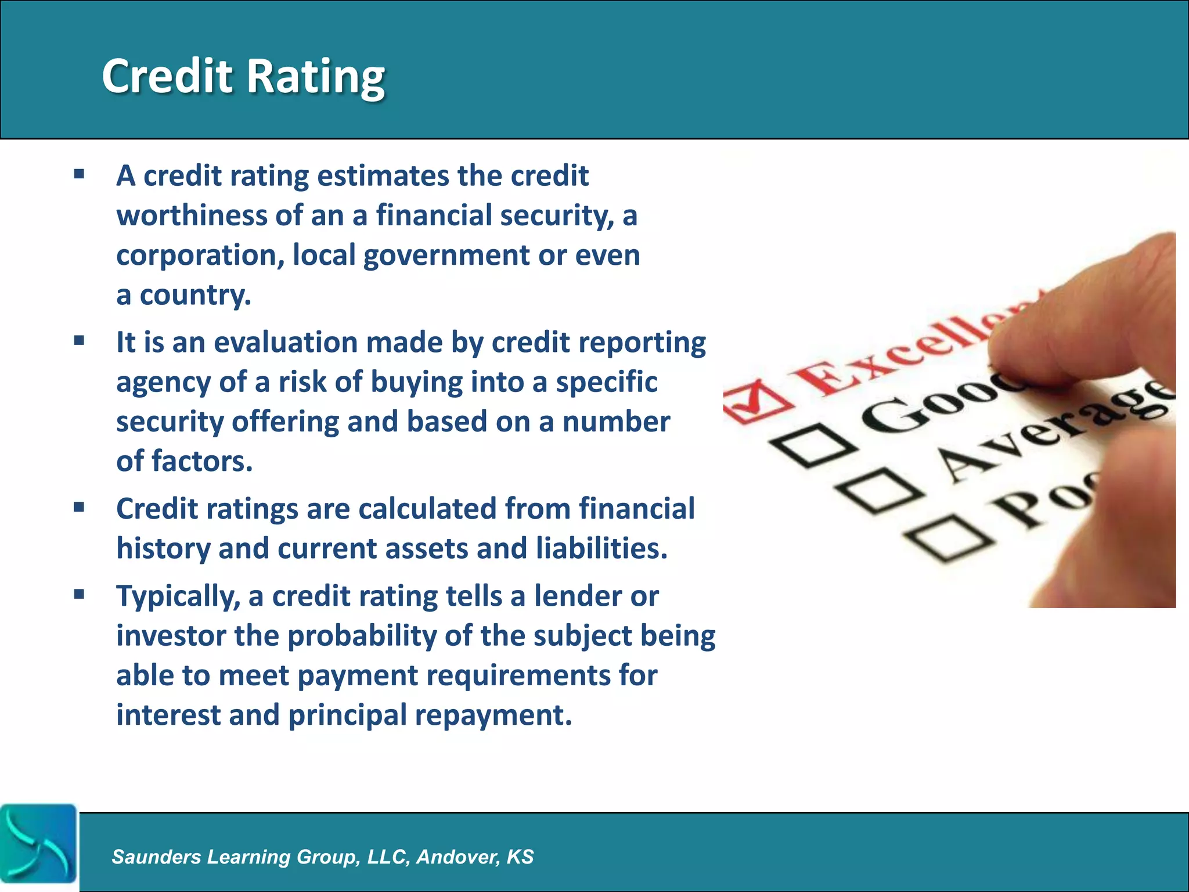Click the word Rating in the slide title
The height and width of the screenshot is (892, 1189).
316,77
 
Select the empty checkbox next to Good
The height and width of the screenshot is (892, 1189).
812,446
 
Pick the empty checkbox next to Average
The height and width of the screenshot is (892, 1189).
878,491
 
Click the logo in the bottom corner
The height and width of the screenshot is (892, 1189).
38,844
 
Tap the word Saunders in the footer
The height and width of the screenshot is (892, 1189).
156,857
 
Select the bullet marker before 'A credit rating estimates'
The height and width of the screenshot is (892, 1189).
80,174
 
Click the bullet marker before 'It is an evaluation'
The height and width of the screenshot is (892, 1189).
80,340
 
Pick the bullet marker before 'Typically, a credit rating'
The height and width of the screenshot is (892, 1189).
80,594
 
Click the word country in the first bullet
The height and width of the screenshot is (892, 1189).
195,295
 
